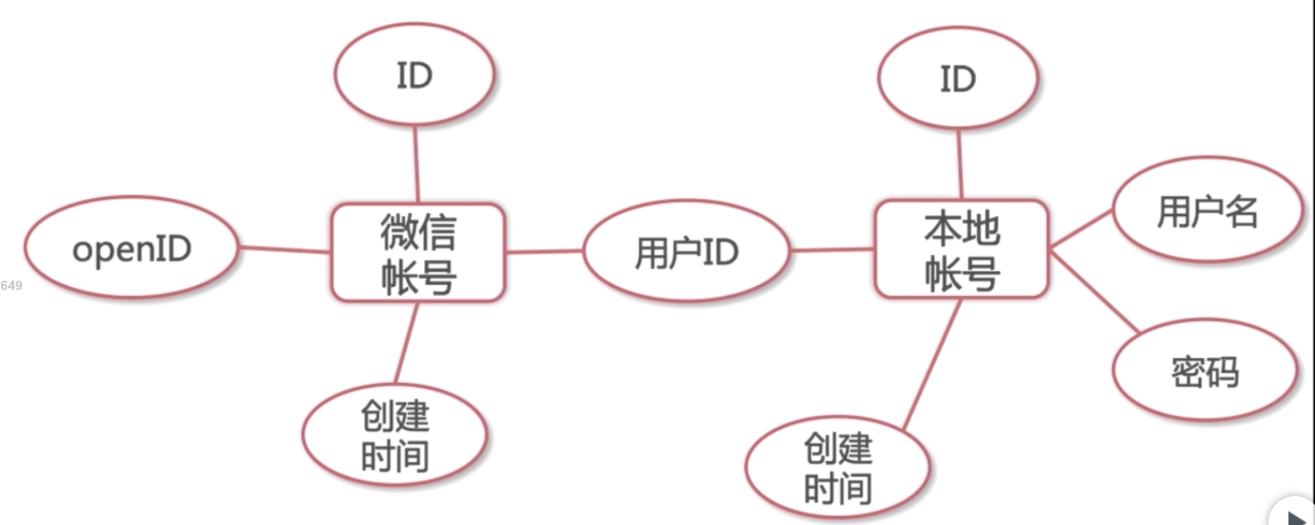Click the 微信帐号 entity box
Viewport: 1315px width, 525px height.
418,253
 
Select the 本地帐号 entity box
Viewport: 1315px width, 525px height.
961,250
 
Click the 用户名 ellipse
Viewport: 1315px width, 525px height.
1207,211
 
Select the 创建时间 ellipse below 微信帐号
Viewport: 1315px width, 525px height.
395,436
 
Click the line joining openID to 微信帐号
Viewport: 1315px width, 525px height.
284,250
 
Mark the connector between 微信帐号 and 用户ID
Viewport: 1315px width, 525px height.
544,251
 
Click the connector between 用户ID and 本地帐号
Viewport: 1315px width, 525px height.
832,250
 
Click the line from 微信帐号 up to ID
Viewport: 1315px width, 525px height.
416,164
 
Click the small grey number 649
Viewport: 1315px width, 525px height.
11,286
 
